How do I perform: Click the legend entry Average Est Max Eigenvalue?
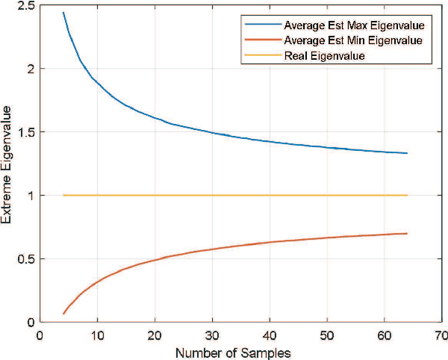[x=349, y=26]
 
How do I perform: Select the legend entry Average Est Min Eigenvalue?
[x=349, y=41]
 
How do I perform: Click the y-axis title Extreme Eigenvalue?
[x=7, y=164]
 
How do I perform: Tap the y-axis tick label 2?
[x=30, y=69]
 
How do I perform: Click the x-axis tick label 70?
[x=441, y=335]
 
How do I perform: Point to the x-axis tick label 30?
[x=212, y=335]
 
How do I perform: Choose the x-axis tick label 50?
[x=326, y=335]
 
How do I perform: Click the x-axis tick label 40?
[x=270, y=335]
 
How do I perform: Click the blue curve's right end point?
[x=407, y=153]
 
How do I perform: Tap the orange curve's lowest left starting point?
[x=63, y=314]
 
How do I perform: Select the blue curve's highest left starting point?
[x=63, y=13]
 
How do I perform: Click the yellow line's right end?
[x=407, y=195]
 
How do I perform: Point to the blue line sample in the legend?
[x=262, y=26]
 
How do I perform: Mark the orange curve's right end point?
[x=407, y=234]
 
